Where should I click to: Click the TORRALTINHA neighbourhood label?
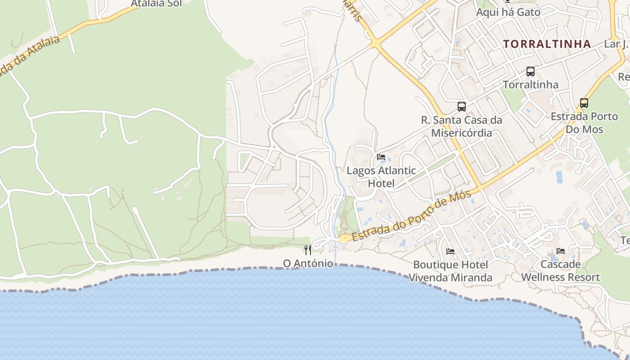[547, 44]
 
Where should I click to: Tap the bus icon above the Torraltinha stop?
[531, 71]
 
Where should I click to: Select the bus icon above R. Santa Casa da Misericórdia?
[462, 107]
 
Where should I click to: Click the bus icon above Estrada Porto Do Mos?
[584, 103]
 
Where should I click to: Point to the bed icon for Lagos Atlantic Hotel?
[381, 157]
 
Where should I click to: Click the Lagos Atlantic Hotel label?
[381, 177]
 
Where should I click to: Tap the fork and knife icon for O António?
[308, 250]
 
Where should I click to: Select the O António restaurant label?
[308, 263]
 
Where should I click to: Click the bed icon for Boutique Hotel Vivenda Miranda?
[450, 251]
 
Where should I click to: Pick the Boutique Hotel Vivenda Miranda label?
[450, 271]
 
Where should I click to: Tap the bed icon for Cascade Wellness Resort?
[560, 251]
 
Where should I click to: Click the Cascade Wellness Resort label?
[560, 270]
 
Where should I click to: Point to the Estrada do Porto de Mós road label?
[412, 216]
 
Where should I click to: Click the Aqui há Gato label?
[508, 12]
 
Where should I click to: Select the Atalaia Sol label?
[156, 4]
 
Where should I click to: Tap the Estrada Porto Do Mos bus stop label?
[584, 123]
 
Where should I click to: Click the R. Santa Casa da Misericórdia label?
[462, 126]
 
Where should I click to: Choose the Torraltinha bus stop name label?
[531, 85]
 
